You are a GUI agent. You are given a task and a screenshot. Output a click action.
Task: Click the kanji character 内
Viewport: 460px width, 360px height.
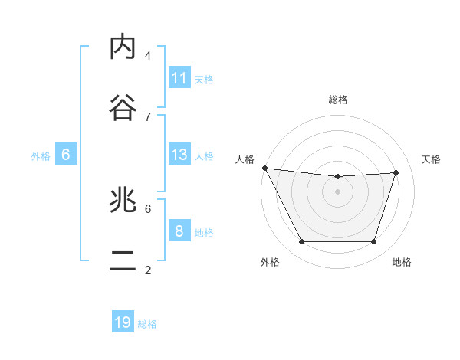click(x=123, y=47)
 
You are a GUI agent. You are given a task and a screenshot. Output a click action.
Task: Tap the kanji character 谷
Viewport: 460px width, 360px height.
click(x=123, y=108)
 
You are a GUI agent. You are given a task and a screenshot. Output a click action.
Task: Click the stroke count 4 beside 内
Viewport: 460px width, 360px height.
click(x=148, y=55)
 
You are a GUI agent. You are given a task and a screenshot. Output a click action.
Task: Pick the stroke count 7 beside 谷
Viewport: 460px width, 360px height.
click(x=148, y=116)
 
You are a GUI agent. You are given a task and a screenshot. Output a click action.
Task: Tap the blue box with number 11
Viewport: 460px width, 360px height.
click(x=179, y=78)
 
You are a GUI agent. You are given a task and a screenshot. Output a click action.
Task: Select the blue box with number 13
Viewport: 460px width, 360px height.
click(x=179, y=155)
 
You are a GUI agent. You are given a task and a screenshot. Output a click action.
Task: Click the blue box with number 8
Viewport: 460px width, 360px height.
click(x=179, y=231)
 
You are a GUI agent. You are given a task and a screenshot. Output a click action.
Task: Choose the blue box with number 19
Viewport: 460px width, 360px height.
click(x=123, y=322)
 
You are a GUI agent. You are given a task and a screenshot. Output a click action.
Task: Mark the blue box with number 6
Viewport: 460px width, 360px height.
click(x=66, y=155)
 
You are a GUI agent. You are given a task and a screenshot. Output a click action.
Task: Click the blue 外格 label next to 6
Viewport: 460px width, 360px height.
click(x=41, y=156)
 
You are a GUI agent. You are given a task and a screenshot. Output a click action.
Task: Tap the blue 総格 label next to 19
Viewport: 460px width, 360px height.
click(x=147, y=324)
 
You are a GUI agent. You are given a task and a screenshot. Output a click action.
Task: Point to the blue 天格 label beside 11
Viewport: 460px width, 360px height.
click(x=204, y=79)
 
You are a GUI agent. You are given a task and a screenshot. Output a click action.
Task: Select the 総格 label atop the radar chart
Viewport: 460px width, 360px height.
click(x=338, y=100)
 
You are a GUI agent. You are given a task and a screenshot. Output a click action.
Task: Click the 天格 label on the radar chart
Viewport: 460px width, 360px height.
click(x=431, y=159)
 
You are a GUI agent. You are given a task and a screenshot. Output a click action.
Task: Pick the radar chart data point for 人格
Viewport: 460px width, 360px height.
click(x=264, y=168)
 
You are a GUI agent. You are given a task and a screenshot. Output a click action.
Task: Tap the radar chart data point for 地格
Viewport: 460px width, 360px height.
click(x=374, y=242)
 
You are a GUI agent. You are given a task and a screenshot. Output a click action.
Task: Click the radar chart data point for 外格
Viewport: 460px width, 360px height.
click(x=301, y=242)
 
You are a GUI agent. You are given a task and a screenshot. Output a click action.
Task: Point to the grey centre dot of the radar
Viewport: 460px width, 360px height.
click(x=338, y=191)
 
